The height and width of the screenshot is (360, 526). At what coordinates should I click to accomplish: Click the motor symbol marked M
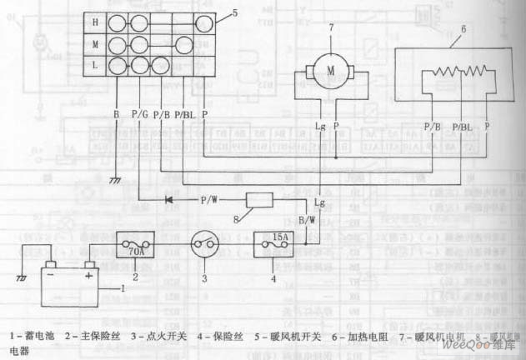click(330, 71)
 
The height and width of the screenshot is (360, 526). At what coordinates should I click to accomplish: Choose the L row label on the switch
click(96, 63)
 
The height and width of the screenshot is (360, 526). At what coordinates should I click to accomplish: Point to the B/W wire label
click(306, 220)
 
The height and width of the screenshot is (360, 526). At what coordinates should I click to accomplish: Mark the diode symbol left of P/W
click(170, 200)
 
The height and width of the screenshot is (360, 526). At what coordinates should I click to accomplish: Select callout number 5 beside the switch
click(234, 12)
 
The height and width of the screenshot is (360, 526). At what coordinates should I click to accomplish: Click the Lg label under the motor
click(320, 126)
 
